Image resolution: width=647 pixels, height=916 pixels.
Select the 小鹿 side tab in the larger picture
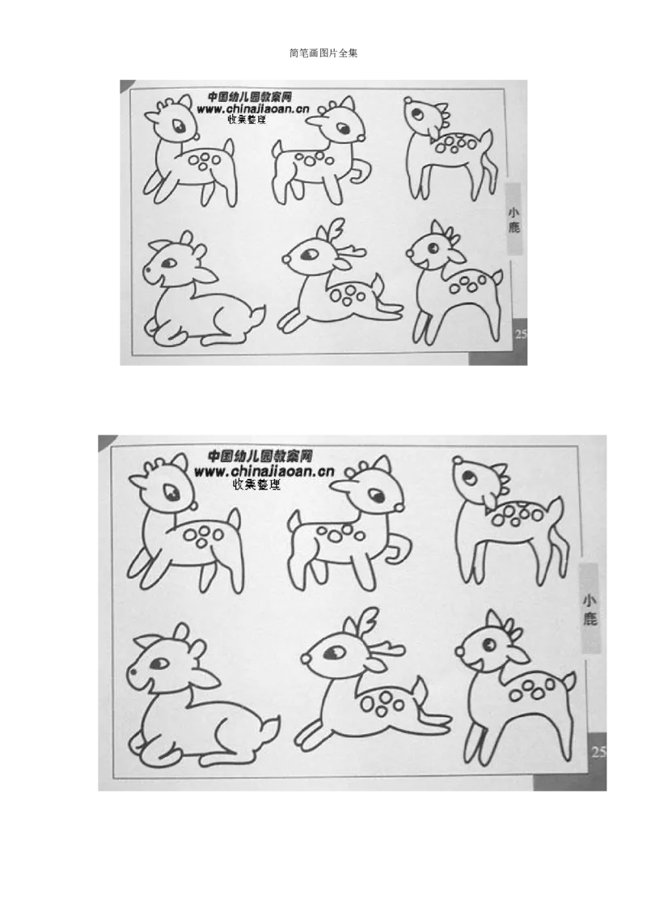coord(590,609)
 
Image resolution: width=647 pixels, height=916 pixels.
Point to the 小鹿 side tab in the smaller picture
coord(514,219)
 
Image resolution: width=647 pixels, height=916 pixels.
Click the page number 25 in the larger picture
coord(599,752)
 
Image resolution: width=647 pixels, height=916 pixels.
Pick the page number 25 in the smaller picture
coord(522,334)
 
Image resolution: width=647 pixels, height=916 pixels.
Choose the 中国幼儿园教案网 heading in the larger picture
coord(260,456)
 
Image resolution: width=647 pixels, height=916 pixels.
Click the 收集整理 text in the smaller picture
coord(247,120)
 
